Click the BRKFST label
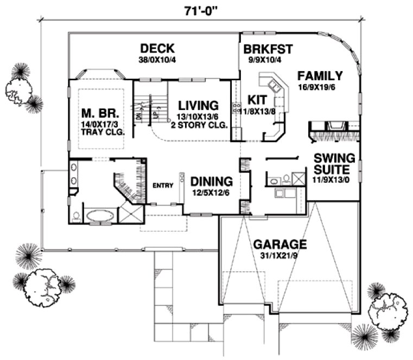[268, 49]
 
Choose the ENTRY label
[163, 185]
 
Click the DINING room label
[211, 182]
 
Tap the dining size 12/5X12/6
[211, 192]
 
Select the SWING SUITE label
[335, 164]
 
